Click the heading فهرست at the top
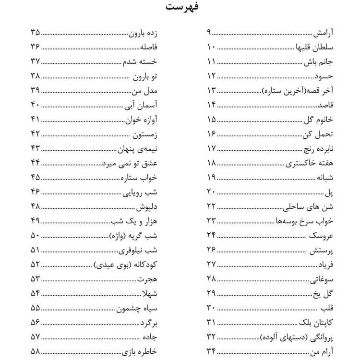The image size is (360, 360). [180, 8]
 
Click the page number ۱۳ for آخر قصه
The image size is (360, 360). [211, 89]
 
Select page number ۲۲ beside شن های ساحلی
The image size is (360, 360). [211, 206]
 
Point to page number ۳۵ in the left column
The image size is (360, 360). [35, 33]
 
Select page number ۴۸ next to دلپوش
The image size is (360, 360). [35, 206]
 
